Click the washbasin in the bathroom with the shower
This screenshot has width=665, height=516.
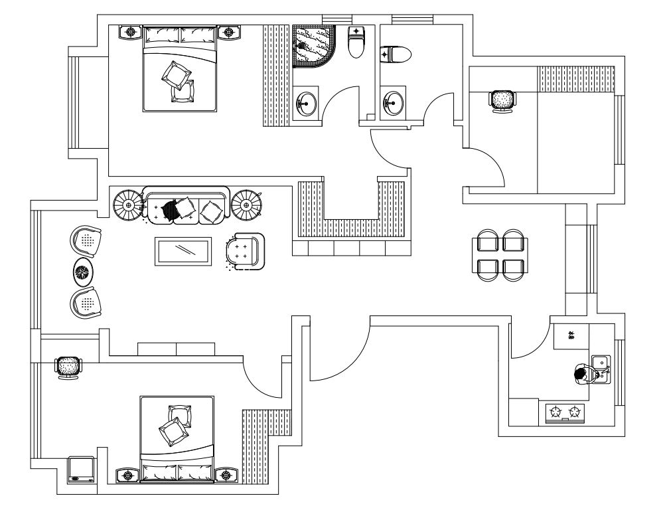[x=305, y=103]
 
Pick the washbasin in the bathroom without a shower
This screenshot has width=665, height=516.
[x=392, y=103]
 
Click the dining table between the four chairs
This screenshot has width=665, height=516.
[x=501, y=253]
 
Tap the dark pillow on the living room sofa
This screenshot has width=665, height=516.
[x=171, y=209]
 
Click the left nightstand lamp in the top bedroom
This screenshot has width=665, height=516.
[x=131, y=31]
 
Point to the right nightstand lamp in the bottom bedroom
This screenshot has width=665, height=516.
[x=227, y=475]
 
